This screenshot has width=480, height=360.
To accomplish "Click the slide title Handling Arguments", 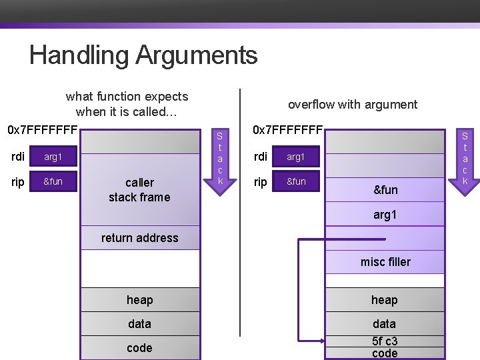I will point(143,55).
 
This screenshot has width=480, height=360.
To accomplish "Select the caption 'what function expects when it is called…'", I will point(127,104).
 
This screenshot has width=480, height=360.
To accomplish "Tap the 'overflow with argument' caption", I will point(352,104).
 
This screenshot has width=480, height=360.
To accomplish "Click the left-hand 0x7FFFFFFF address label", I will point(43,129).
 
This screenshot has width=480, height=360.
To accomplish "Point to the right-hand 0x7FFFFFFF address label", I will point(287,129).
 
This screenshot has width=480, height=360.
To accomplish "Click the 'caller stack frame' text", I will point(139,189).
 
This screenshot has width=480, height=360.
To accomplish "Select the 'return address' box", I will point(139,238).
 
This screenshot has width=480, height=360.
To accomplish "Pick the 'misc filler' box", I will point(385,262).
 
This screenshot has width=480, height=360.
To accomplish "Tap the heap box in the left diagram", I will point(139,300).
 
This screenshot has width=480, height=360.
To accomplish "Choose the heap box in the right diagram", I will point(385,300).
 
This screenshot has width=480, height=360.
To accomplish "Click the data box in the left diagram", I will point(139,324).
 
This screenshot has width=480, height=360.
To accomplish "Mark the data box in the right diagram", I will point(385,324).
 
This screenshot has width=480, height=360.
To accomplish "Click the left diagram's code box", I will point(139,348).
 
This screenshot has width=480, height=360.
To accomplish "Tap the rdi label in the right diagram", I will point(261,157).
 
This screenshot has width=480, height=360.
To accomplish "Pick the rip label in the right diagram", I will point(261,181).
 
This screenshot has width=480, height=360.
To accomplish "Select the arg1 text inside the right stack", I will point(385,215).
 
